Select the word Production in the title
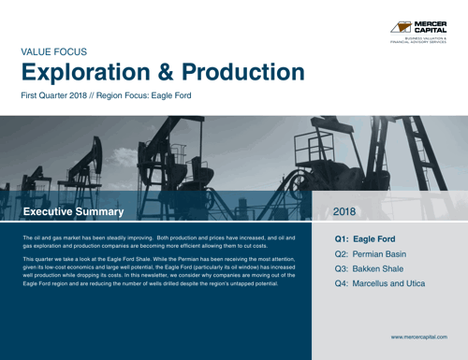point(247,74)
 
